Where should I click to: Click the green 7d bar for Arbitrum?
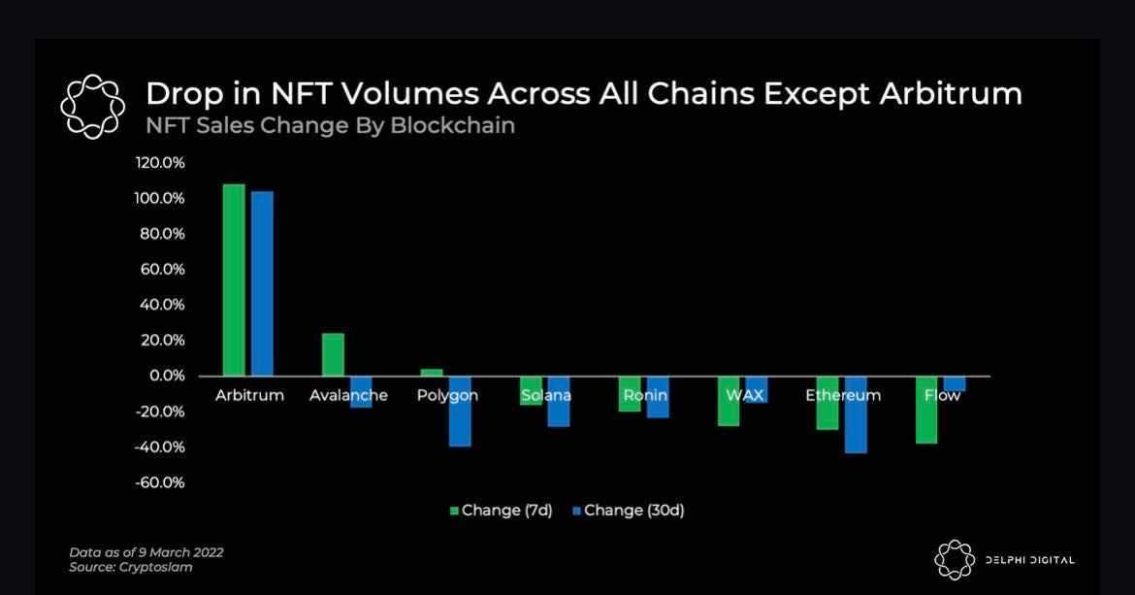[x=234, y=280]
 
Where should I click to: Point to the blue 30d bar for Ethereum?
[x=856, y=414]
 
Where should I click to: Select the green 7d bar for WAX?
[x=729, y=401]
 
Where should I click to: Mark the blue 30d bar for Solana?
[x=559, y=401]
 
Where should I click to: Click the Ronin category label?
[x=643, y=395]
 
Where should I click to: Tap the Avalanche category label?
[x=348, y=395]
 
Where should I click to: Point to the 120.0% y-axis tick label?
[x=160, y=163]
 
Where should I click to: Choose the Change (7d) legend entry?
[x=500, y=511]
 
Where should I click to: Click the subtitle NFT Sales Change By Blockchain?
[x=330, y=125]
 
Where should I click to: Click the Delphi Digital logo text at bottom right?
[x=1029, y=560]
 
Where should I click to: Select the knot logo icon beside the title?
[x=93, y=106]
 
